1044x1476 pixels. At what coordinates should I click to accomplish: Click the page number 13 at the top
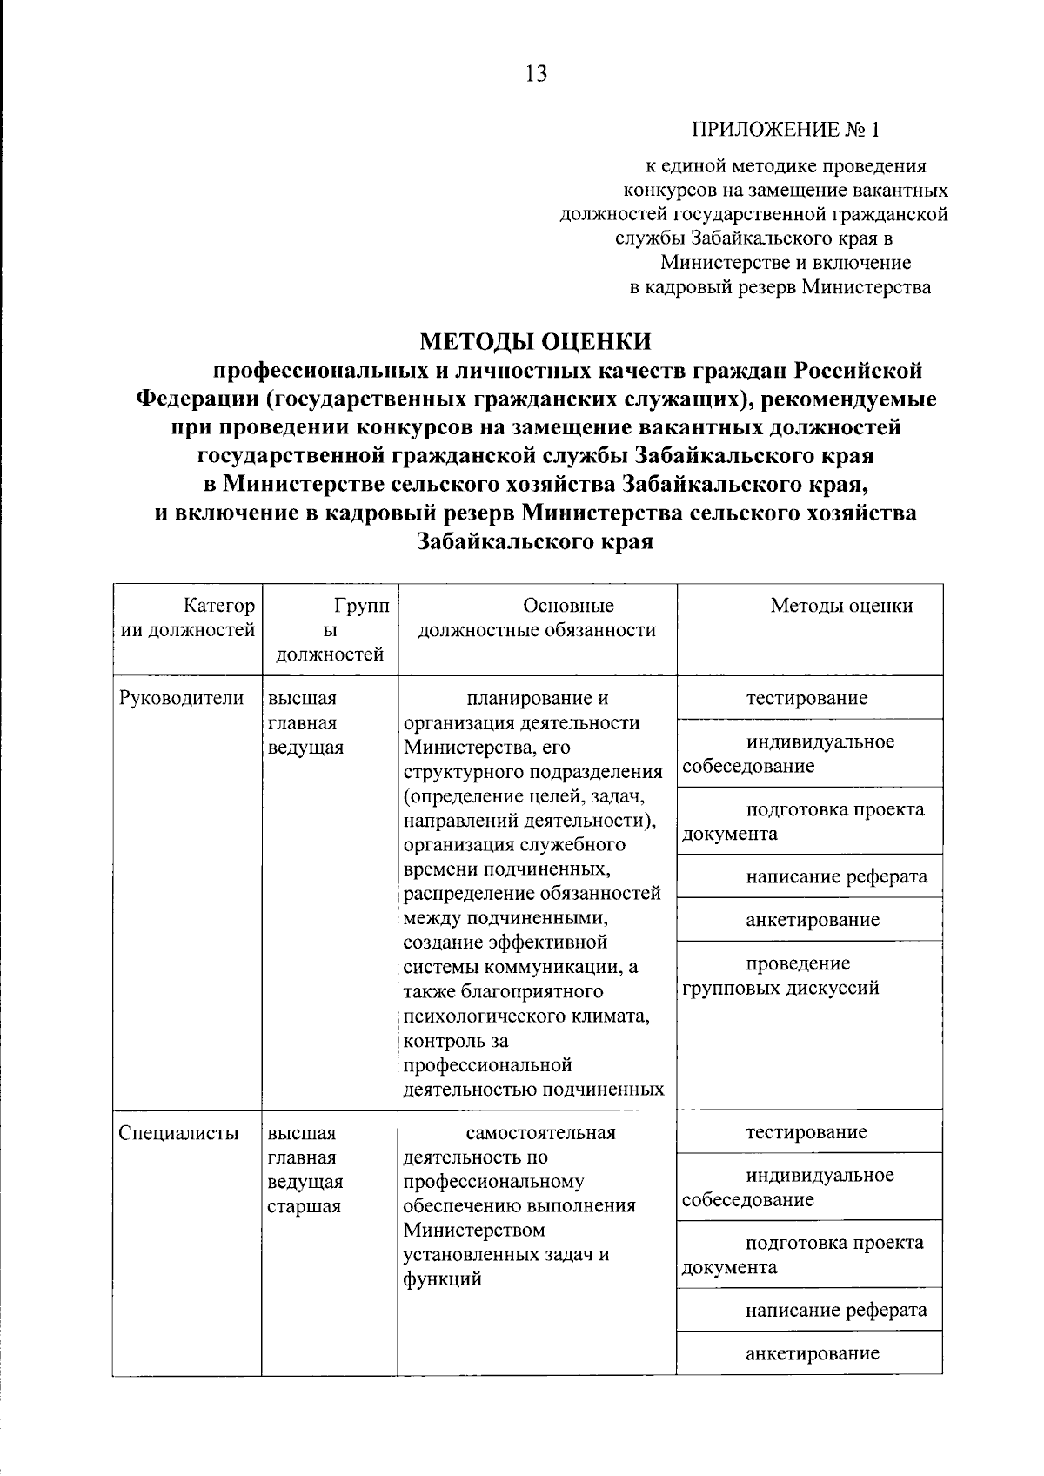[x=537, y=75]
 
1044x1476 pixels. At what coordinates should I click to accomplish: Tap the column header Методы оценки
[x=841, y=606]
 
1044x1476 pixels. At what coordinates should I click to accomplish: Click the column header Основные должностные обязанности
[x=537, y=618]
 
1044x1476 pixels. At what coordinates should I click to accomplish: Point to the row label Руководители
[x=181, y=698]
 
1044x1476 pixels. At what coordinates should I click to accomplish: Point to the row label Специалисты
[x=178, y=1132]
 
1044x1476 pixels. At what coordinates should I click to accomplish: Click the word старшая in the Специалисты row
[x=304, y=1206]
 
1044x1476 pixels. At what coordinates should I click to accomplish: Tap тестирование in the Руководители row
[x=806, y=698]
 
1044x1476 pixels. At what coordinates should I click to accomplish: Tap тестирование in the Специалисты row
[x=806, y=1132]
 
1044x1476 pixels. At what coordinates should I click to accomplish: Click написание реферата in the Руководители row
[x=836, y=876]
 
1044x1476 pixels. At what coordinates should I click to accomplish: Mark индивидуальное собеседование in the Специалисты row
[x=800, y=1187]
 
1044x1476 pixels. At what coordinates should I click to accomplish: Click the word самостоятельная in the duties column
[x=540, y=1132]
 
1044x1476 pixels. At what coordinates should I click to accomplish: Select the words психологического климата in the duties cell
[x=526, y=1016]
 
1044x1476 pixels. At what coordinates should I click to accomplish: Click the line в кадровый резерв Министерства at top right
[x=780, y=287]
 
